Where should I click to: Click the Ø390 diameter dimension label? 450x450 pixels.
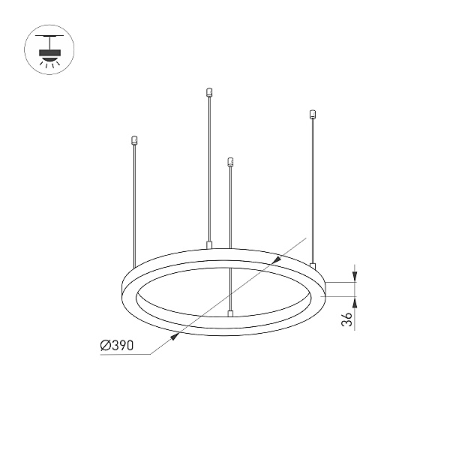click(x=117, y=345)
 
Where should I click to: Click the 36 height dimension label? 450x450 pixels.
click(x=347, y=319)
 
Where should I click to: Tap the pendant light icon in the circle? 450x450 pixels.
click(x=49, y=50)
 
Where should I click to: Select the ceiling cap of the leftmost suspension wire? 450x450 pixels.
click(x=133, y=140)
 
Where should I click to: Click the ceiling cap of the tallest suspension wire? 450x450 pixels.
click(x=209, y=92)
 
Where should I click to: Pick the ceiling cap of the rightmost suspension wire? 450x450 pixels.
click(x=313, y=114)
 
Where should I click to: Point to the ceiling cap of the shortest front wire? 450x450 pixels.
click(x=230, y=162)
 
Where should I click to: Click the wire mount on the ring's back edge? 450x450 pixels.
click(x=209, y=245)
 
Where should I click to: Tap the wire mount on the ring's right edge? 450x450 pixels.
click(x=313, y=266)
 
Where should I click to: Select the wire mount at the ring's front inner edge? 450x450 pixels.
click(x=230, y=313)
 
